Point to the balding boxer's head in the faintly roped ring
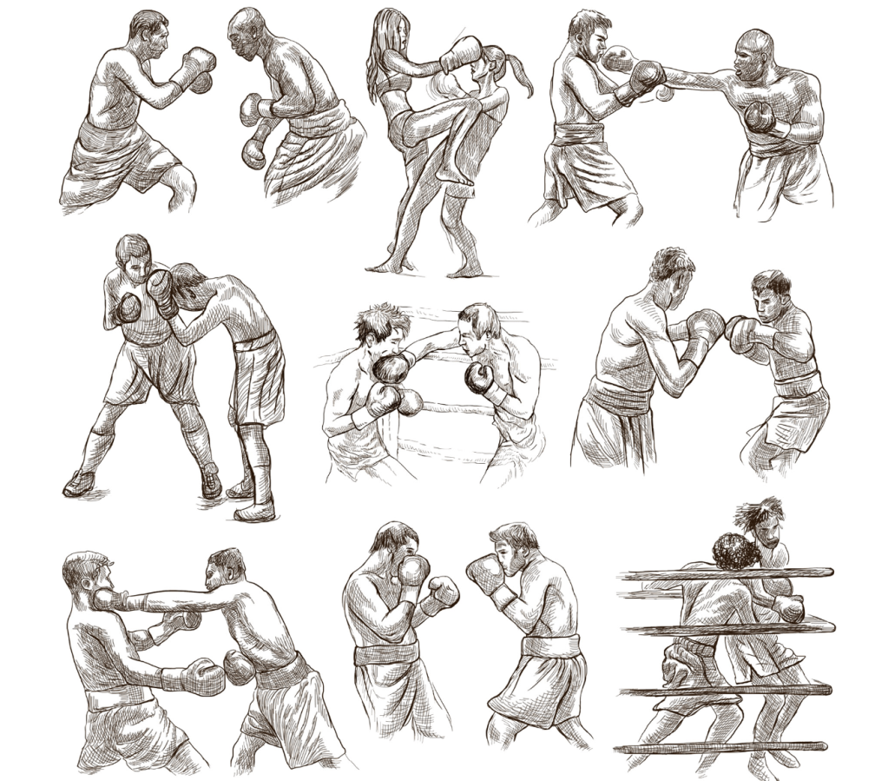[x=478, y=328]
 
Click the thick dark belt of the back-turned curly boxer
[x=618, y=395]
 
